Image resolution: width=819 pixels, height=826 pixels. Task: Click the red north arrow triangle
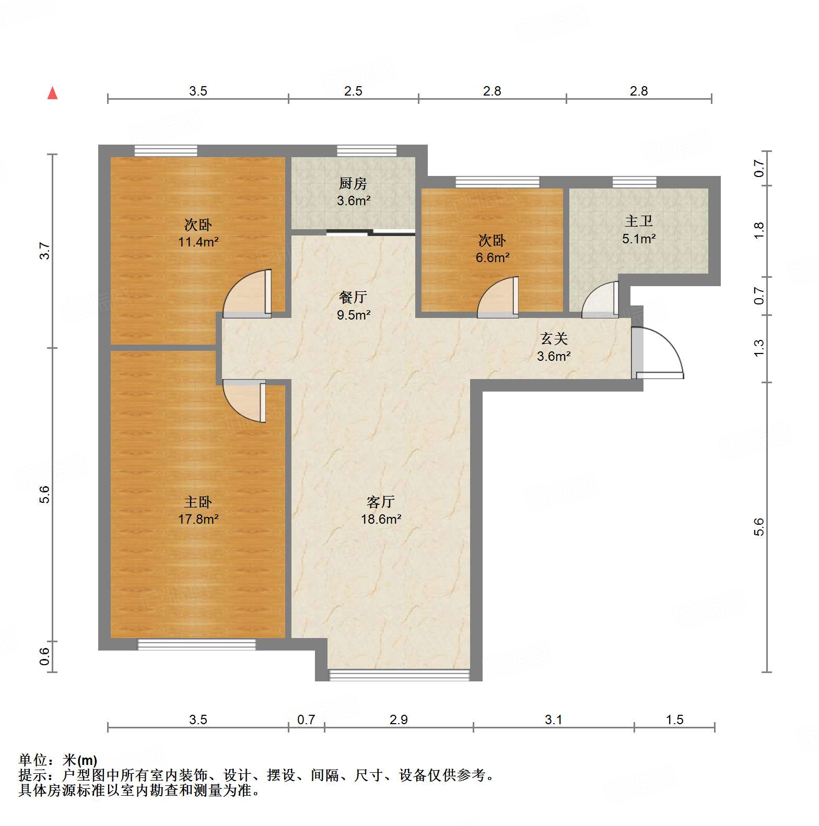(x=52, y=93)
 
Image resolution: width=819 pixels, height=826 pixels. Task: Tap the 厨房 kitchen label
(x=353, y=184)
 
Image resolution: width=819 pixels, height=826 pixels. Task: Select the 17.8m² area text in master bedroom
(x=198, y=519)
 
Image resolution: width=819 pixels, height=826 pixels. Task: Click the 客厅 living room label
(x=380, y=502)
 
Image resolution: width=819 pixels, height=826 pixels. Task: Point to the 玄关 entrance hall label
(x=554, y=339)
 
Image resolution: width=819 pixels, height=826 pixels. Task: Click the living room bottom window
(x=399, y=675)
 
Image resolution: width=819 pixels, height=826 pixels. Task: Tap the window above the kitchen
(x=367, y=151)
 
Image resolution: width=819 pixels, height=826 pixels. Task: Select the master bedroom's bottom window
(x=196, y=644)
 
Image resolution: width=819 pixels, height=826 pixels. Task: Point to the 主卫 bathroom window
(x=634, y=182)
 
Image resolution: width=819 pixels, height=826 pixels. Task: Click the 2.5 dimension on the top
(x=353, y=91)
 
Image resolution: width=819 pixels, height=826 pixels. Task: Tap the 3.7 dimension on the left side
(x=45, y=251)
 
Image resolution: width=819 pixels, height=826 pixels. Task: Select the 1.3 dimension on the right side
(x=759, y=348)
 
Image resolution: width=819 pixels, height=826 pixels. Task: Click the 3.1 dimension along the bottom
(x=553, y=720)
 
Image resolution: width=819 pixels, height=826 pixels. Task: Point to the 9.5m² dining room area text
(x=354, y=315)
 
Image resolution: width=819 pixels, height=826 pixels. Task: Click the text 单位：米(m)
(x=58, y=760)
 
